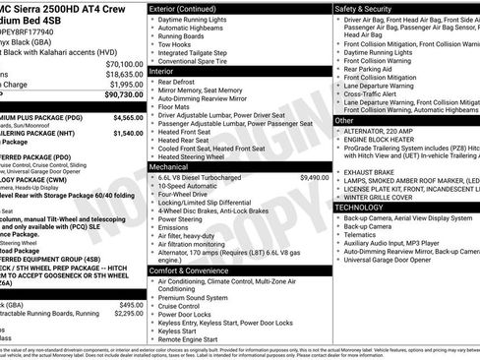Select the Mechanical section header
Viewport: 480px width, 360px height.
click(171, 167)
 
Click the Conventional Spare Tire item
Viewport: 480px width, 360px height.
click(203, 61)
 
